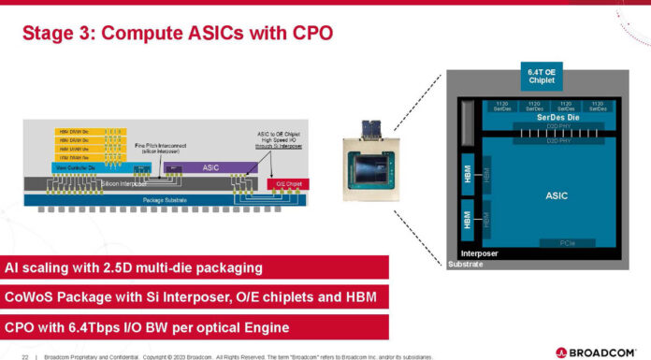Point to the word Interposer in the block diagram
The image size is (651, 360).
(479, 253)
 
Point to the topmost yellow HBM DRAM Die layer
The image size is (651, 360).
(74, 132)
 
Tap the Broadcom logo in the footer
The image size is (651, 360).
(600, 353)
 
